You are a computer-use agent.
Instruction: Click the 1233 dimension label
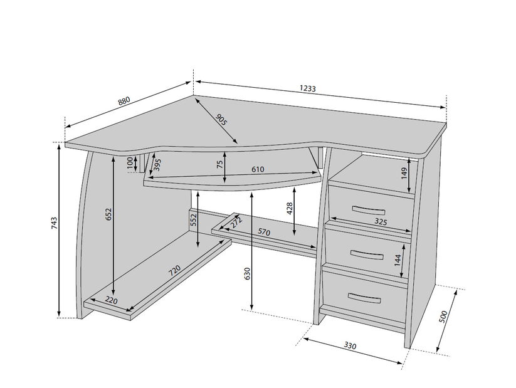pos(308,88)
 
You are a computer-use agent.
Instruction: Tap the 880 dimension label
pos(124,101)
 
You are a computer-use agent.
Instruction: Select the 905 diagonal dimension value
pos(221,120)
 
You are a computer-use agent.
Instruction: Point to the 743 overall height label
pos(55,223)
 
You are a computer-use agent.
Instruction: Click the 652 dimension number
pos(109,214)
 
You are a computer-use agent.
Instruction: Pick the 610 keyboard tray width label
pos(258,169)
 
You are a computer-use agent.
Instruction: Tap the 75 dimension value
pos(220,165)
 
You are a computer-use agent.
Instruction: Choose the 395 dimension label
pos(157,165)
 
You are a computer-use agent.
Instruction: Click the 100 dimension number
pos(130,163)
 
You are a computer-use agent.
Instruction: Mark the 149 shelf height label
pos(404,174)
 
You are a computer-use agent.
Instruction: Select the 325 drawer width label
pos(381,221)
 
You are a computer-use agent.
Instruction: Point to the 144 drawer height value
pos(398,260)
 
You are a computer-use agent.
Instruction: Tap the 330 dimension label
pos(350,345)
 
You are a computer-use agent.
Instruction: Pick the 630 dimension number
pos(248,274)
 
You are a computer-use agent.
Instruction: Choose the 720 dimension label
pos(174,270)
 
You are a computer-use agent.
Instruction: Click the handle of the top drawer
pos(369,209)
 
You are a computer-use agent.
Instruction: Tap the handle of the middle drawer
pos(367,254)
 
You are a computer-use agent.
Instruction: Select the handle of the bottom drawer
pos(364,298)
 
